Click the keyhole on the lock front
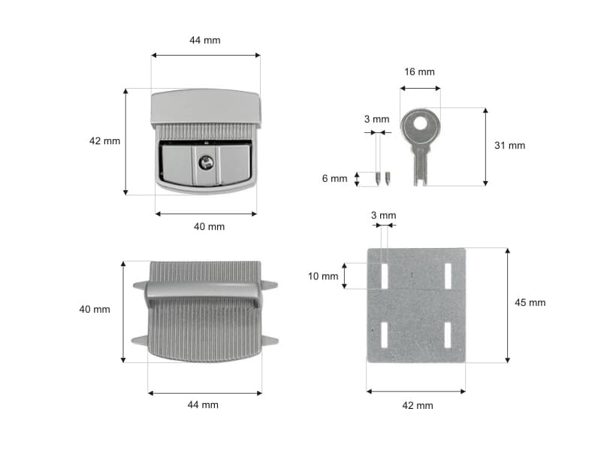click(x=206, y=162)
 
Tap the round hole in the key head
click(x=420, y=123)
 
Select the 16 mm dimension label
click(x=419, y=71)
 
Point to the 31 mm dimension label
click(x=509, y=145)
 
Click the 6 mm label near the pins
click(x=334, y=178)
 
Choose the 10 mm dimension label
click(x=323, y=276)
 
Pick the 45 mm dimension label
click(x=530, y=303)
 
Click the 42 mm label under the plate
click(x=418, y=405)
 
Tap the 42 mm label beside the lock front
click(x=104, y=141)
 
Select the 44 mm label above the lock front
click(x=205, y=41)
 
